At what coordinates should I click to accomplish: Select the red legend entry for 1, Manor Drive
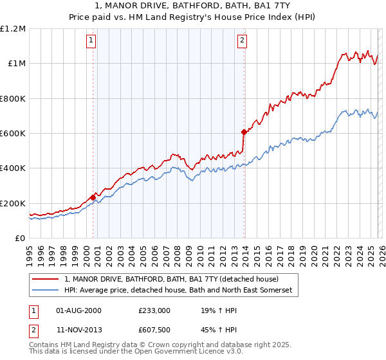tap(171, 280)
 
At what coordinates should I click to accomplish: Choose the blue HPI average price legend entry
tap(178, 291)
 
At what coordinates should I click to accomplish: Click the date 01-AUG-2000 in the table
tap(78, 310)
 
